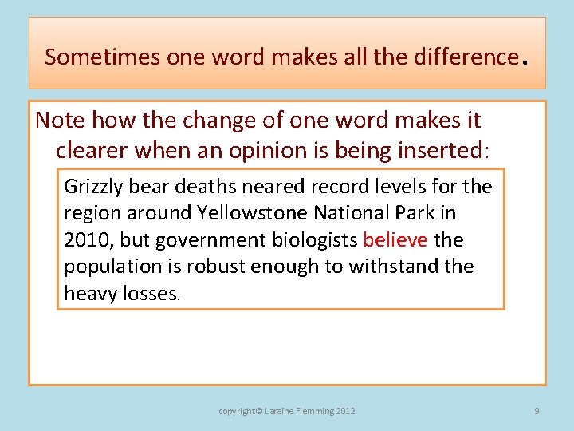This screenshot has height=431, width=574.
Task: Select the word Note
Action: point(61,121)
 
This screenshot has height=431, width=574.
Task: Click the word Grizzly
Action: point(92,187)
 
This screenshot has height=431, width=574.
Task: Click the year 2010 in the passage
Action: point(84,240)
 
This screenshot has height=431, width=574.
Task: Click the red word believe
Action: point(395,240)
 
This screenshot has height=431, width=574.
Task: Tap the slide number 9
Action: point(537,411)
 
